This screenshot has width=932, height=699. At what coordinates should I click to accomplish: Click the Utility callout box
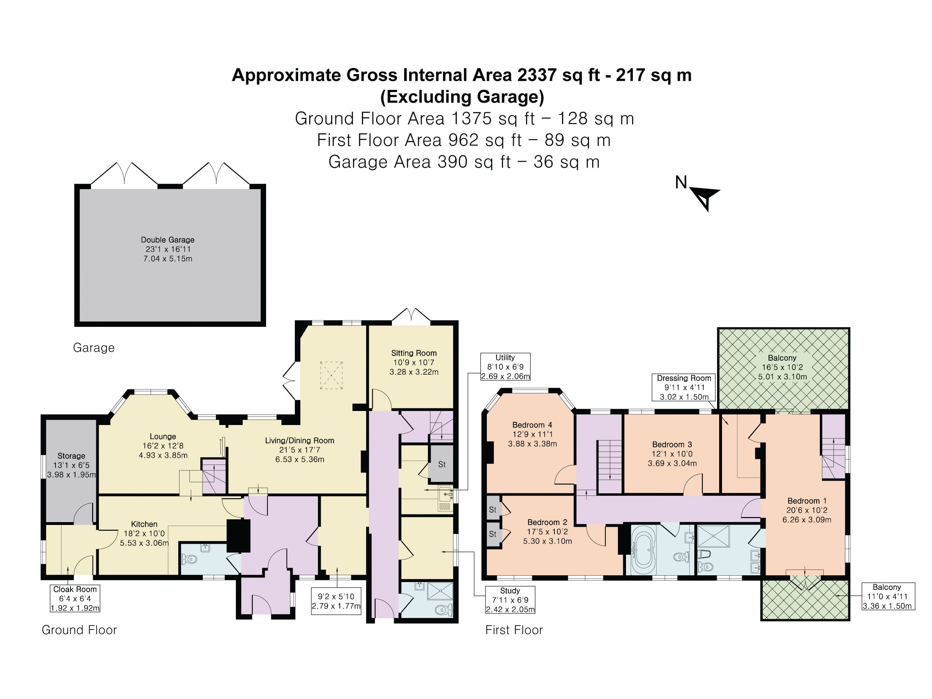[505, 366]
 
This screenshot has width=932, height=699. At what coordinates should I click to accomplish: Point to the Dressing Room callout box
[684, 387]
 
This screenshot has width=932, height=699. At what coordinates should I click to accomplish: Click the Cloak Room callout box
[75, 598]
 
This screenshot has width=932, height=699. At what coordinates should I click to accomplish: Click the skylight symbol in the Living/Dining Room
[331, 375]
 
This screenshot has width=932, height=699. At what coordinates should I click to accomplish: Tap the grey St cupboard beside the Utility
[441, 464]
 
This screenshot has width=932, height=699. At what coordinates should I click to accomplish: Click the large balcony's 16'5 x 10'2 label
[782, 367]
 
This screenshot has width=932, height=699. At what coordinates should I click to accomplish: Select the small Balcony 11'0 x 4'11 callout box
[887, 596]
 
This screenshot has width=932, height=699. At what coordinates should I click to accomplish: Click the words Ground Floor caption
[79, 630]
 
